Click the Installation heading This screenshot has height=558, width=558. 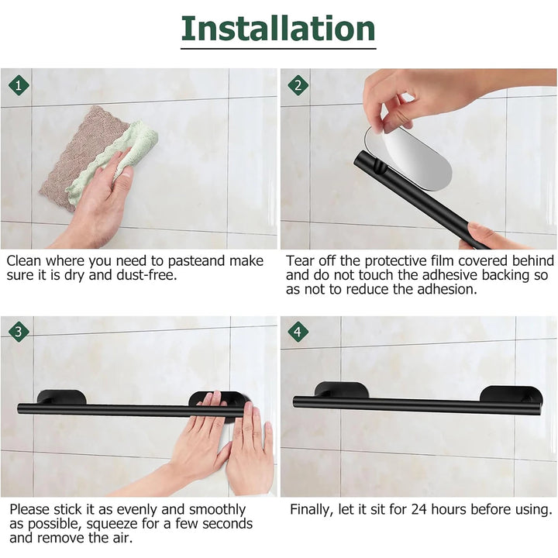278,29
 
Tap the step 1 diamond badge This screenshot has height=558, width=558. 19,84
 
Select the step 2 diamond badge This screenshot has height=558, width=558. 298,84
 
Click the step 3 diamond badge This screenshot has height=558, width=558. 19,332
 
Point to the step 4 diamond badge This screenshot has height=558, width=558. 298,332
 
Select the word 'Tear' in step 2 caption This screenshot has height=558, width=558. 301,261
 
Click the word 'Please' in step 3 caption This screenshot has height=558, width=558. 31,510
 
